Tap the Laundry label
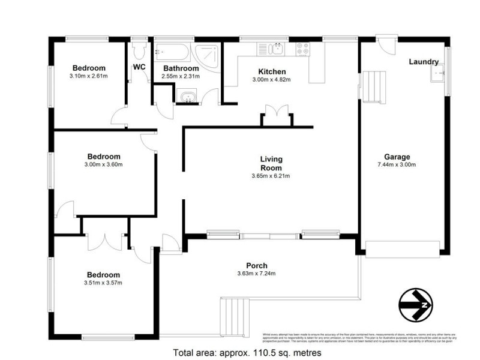coord(424,62)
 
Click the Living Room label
coord(271,163)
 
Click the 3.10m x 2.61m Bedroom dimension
coord(89,76)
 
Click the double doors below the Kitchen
coord(277,115)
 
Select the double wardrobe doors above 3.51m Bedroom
coord(104,239)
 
